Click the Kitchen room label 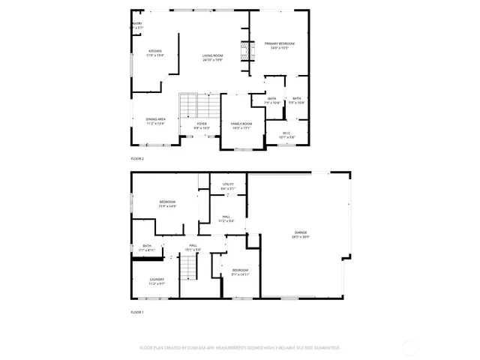pyautogui.click(x=154, y=53)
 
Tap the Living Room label pyautogui.click(x=213, y=58)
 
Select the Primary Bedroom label pyautogui.click(x=279, y=46)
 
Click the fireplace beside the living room pyautogui.click(x=243, y=52)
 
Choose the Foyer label pyautogui.click(x=202, y=125)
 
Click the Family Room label pyautogui.click(x=241, y=125)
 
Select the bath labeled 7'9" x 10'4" pyautogui.click(x=272, y=100)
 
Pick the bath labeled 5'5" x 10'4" pyautogui.click(x=296, y=100)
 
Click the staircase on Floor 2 pyautogui.click(x=198, y=105)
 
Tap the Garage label pyautogui.click(x=301, y=235)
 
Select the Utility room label pyautogui.click(x=227, y=186)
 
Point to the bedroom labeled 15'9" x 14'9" pyautogui.click(x=167, y=204)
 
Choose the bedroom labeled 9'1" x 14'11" pyautogui.click(x=240, y=271)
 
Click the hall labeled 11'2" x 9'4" pyautogui.click(x=226, y=219)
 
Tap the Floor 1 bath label pyautogui.click(x=147, y=247)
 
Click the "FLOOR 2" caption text pyautogui.click(x=136, y=159)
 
